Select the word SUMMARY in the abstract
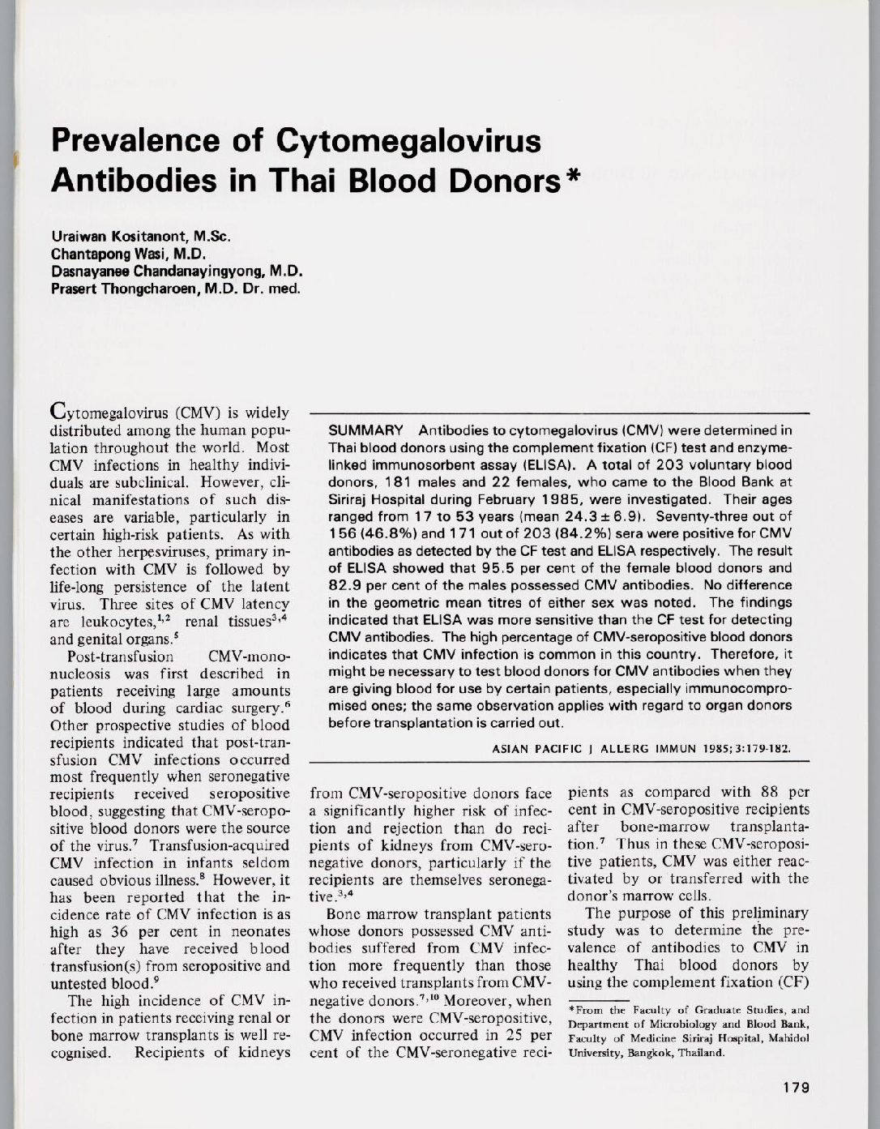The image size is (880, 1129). [365, 430]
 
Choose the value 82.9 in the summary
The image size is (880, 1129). [344, 585]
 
